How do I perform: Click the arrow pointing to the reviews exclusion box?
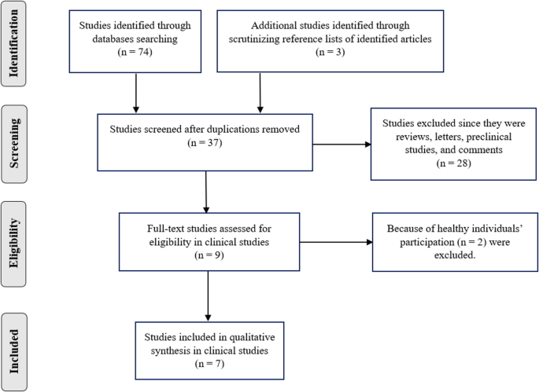click(338, 143)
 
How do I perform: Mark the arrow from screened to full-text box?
click(205, 192)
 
